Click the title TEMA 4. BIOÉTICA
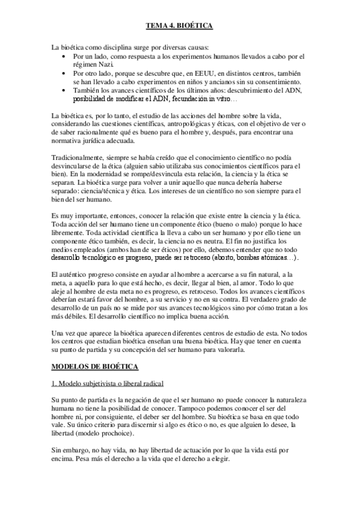pyautogui.click(x=180, y=26)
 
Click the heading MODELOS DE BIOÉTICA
pyautogui.click(x=95, y=366)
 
